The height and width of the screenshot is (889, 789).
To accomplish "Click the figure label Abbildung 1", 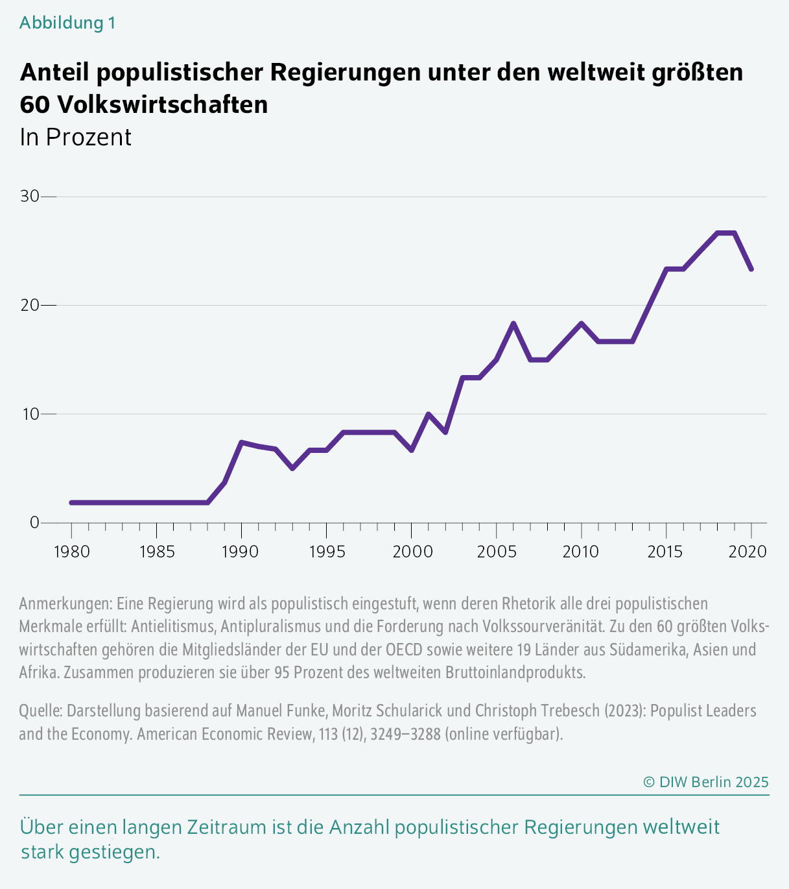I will pos(67,23).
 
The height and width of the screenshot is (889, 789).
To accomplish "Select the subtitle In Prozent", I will pos(76,138).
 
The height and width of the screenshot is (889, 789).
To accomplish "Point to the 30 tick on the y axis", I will pos(30,196).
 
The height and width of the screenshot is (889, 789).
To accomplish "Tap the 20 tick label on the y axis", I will pos(30,305).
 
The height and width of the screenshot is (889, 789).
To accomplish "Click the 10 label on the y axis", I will pos(30,413).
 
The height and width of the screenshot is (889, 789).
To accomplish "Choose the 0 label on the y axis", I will pos(34,522).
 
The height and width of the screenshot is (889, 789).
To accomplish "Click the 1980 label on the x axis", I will pos(71,552).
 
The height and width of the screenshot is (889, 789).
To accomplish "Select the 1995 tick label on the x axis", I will pos(326,552).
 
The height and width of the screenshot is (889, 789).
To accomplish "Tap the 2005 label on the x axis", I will pos(496,552).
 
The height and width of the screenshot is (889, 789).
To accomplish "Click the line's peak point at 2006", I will pos(513,323).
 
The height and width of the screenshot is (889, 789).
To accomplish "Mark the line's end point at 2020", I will pos(751,269).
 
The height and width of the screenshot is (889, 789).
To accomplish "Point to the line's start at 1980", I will pos(71,502).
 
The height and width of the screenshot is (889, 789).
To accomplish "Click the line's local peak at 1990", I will pos(241,443).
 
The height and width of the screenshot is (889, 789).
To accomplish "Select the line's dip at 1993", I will pos(292,468).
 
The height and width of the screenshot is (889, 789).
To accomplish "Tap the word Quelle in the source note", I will pos(40,711).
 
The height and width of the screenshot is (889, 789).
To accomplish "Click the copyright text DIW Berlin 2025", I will pos(705,782).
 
